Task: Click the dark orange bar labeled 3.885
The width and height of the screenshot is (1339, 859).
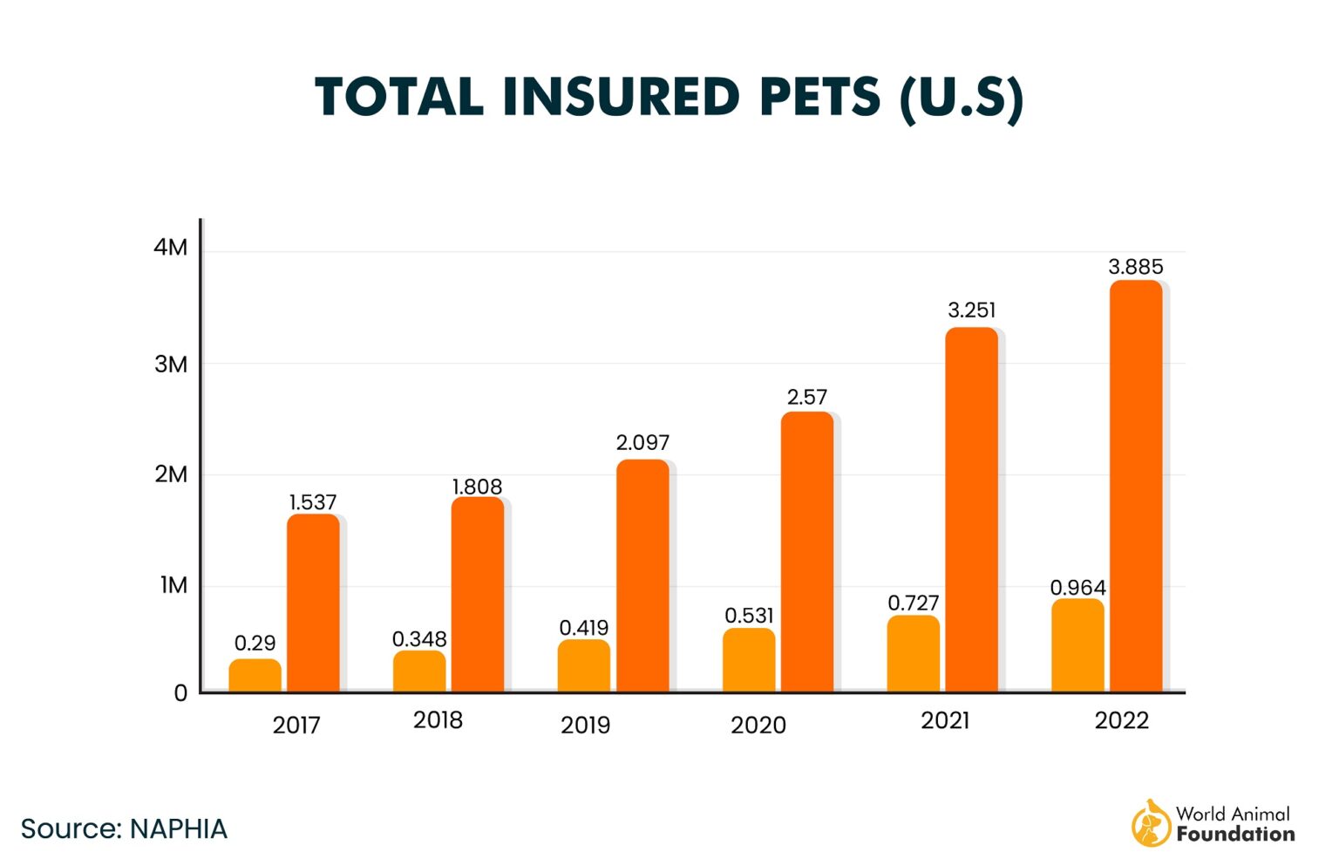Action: coord(1135,486)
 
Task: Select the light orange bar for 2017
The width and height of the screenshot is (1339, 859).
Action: coord(255,676)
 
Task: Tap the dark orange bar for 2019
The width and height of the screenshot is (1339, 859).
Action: coord(642,576)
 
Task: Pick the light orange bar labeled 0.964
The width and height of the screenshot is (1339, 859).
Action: coord(1077,645)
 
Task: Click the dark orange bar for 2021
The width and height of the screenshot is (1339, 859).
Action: coord(971,510)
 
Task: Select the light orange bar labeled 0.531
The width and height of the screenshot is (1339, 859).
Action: coord(749,660)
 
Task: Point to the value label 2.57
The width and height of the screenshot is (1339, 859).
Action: coord(806,397)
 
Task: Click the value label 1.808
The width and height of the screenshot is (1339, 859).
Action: coord(477,487)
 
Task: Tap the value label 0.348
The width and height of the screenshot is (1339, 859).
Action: coord(419,639)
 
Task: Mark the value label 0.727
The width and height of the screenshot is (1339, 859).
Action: coord(913,603)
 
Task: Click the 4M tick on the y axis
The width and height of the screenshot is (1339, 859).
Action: coord(171,248)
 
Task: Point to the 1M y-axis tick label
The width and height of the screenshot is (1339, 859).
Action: coord(173,585)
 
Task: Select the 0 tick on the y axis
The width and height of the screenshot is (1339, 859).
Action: coord(180,693)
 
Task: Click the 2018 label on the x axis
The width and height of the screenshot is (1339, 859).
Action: coord(438,720)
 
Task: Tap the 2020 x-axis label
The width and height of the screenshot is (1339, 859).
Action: coord(758,725)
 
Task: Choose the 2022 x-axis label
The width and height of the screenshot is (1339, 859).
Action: coord(1121,720)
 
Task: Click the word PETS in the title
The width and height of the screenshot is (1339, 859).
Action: coord(820,97)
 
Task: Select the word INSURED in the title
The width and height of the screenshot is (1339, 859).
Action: coord(621,97)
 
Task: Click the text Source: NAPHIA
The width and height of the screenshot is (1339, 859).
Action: coord(124,828)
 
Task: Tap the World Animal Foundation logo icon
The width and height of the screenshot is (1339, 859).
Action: coord(1151,823)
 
